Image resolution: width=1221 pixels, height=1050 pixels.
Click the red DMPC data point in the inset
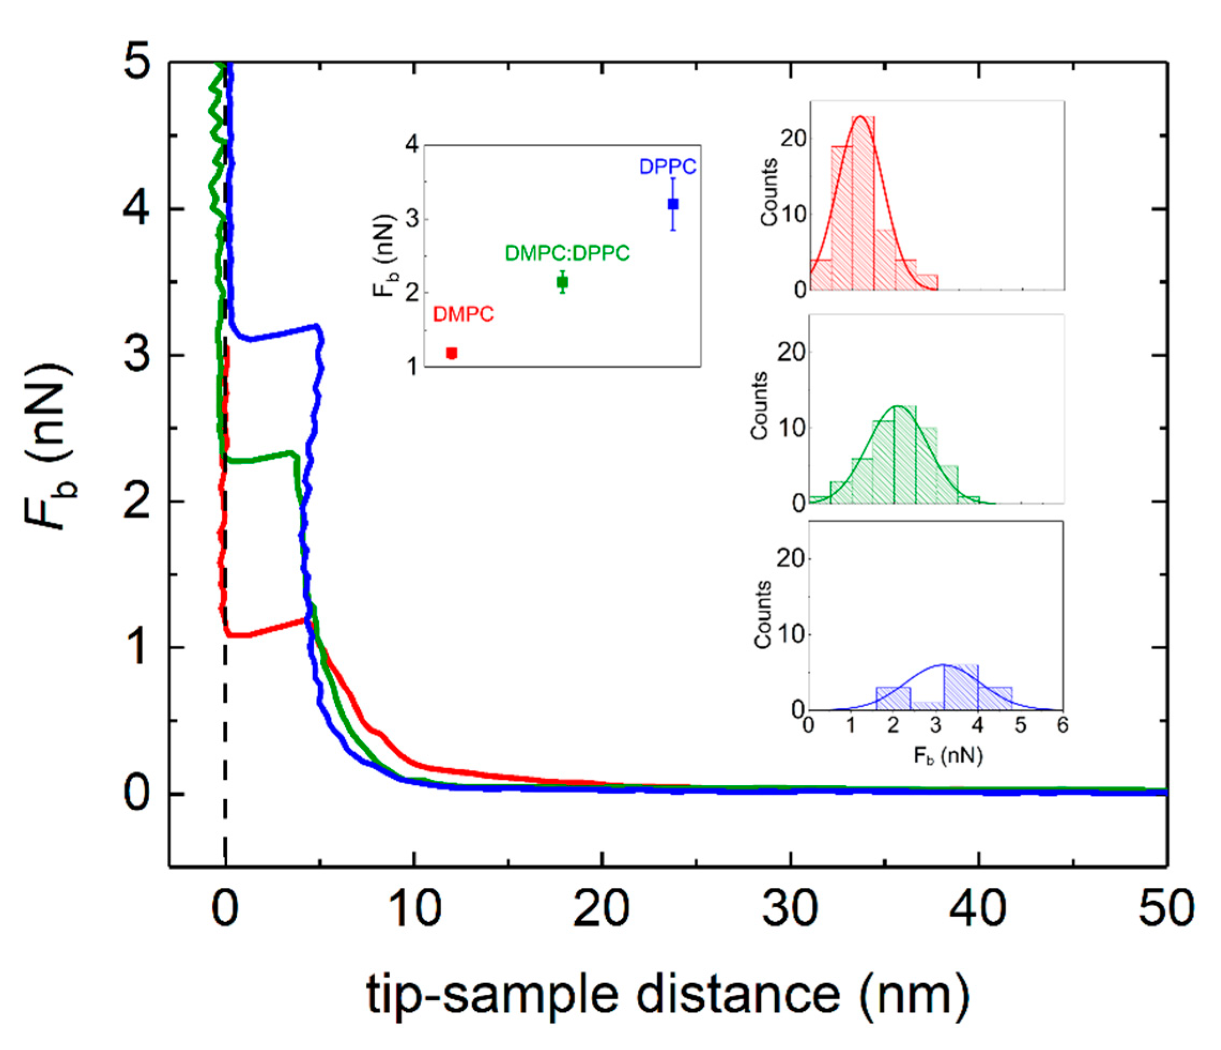452,353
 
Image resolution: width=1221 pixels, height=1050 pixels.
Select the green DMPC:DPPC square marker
562,282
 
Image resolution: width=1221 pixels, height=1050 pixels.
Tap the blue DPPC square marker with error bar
673,204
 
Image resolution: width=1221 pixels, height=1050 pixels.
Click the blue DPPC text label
668,167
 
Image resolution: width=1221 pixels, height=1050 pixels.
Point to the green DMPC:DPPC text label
567,253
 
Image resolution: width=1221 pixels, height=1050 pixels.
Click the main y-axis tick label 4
137,209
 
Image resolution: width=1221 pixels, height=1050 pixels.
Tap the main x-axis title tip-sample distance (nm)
667,993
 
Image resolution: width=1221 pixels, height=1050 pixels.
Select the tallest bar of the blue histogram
961,687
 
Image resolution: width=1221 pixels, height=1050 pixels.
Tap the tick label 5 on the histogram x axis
1020,725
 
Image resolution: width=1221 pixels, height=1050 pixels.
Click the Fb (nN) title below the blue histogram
948,755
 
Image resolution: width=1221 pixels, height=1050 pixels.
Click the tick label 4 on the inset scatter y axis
412,144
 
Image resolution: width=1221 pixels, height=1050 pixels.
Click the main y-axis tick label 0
137,794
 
